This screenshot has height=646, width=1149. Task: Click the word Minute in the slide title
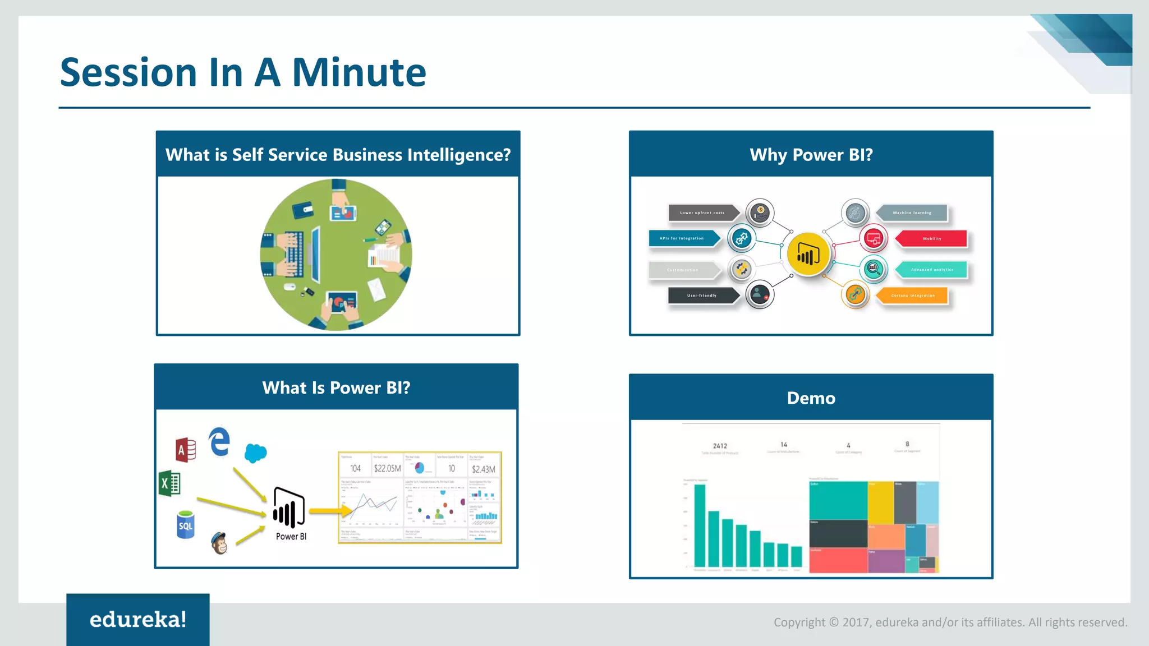coord(359,73)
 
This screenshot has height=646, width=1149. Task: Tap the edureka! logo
coord(138,620)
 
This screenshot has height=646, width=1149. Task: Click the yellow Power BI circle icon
coord(808,255)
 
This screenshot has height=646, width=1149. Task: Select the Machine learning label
coord(912,213)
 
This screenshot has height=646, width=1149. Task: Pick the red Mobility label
coord(932,239)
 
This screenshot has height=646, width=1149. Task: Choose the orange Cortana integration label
coord(913,296)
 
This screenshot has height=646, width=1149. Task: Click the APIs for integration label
coord(682,238)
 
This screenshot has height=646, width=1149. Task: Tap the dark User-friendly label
coord(702,296)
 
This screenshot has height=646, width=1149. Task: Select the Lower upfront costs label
coord(702,213)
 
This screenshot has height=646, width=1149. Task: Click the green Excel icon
coord(169,483)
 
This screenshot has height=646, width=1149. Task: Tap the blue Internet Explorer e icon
coord(219,442)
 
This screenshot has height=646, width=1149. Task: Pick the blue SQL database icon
coord(185,525)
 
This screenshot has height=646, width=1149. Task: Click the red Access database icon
coord(186,450)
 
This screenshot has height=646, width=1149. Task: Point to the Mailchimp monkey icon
coord(219,543)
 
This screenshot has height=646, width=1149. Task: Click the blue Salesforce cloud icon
coord(256,453)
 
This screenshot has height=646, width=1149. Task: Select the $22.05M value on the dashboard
coord(387,469)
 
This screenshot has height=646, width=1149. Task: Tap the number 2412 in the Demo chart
coord(720,446)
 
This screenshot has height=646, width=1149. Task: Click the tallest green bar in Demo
coord(700,525)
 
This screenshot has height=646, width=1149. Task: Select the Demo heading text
coord(811,398)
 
